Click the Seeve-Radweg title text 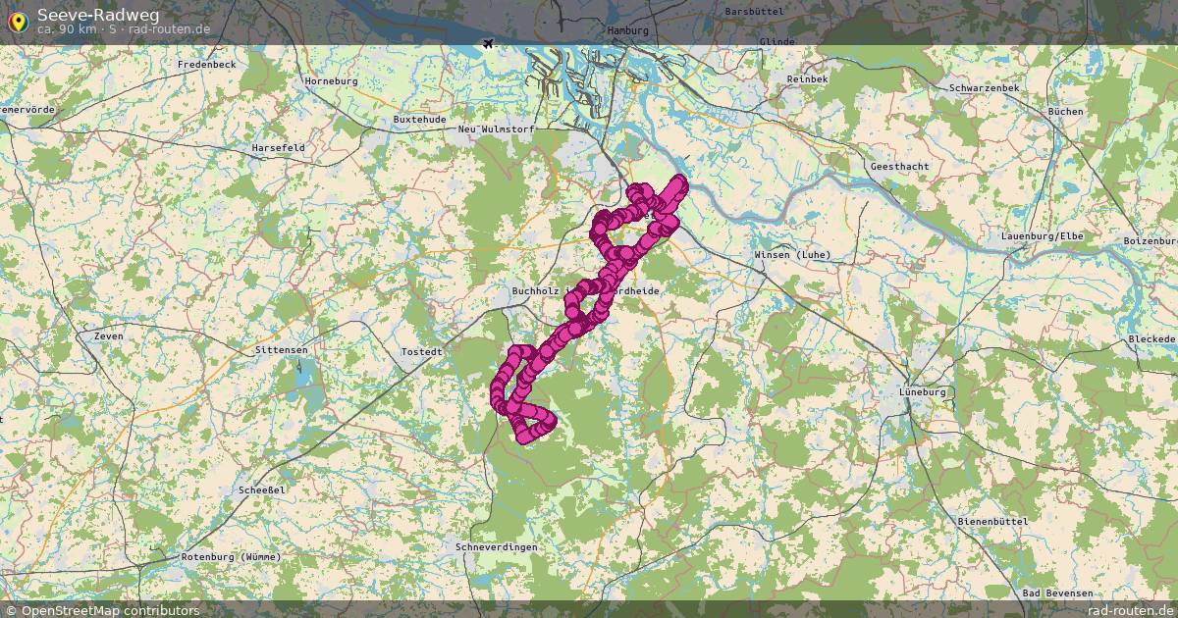pos(98,14)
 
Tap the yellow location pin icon pos(18,20)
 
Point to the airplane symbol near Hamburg pos(489,43)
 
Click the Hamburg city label pos(628,30)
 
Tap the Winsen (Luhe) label pos(792,255)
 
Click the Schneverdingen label pos(496,546)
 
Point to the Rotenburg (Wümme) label pos(231,556)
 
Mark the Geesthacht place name pos(899,166)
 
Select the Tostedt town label pos(421,350)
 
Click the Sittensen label pos(281,349)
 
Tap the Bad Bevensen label pos(1056,593)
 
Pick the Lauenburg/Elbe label pos(1042,237)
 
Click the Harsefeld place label pos(278,147)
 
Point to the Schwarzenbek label pos(984,87)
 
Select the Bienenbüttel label pos(993,520)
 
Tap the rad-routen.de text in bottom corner pos(1131,610)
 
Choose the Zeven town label pos(109,335)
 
